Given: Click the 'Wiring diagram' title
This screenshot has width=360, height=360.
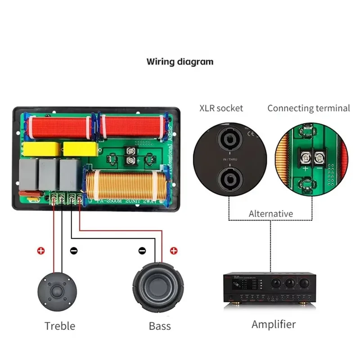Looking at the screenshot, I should point(180,61).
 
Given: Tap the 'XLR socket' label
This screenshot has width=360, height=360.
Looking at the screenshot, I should point(221,108).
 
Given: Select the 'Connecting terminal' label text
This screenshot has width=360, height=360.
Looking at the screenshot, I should point(308,108).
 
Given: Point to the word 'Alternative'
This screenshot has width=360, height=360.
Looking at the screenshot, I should point(270,214).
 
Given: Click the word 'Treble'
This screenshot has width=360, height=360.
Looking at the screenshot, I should point(60,325).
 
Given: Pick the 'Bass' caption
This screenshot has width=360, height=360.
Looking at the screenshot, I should point(160,325).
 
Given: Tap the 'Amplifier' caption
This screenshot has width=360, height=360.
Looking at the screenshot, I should point(274,324).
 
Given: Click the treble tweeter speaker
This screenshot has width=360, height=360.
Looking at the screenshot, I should point(57,291).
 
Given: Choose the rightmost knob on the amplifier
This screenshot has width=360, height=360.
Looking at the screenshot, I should point(305,283).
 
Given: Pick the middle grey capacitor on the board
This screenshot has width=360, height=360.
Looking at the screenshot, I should point(49,173).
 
